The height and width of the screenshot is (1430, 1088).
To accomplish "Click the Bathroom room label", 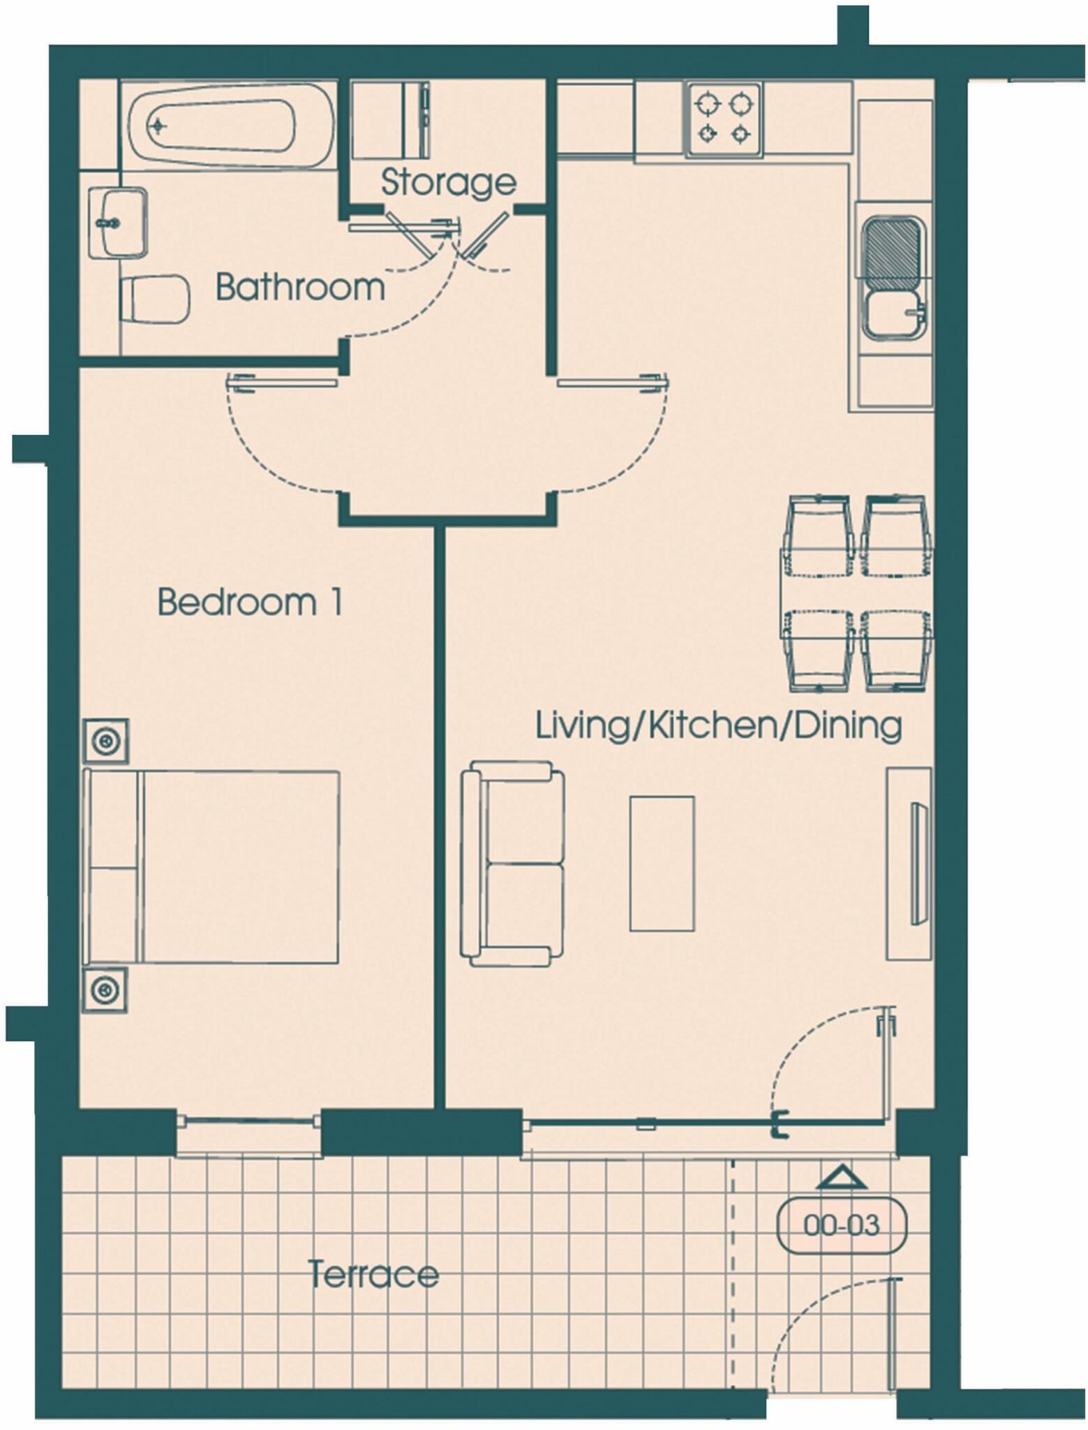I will [x=300, y=287].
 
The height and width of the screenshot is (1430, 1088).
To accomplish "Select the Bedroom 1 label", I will [x=250, y=602].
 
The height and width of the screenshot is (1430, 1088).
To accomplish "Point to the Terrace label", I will [x=373, y=1274].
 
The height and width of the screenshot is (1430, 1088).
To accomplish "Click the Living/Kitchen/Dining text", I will [x=718, y=725].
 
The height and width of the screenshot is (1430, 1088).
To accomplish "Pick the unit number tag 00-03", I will [x=842, y=1225].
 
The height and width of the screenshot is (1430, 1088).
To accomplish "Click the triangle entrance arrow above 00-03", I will [x=841, y=1178].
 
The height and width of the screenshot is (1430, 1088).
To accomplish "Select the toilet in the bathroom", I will [x=155, y=299].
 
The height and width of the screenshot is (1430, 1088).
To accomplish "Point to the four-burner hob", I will [x=724, y=119].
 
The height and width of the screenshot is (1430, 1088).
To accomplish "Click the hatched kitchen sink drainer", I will [x=892, y=253].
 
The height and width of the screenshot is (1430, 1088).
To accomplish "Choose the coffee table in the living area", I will [x=662, y=864].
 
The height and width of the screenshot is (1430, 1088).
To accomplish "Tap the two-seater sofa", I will [x=513, y=864].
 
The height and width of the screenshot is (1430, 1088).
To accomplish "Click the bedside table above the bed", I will [x=106, y=740].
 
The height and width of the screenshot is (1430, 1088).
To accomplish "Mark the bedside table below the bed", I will [x=106, y=989].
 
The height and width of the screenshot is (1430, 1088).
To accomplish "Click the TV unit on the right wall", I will [x=909, y=864].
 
